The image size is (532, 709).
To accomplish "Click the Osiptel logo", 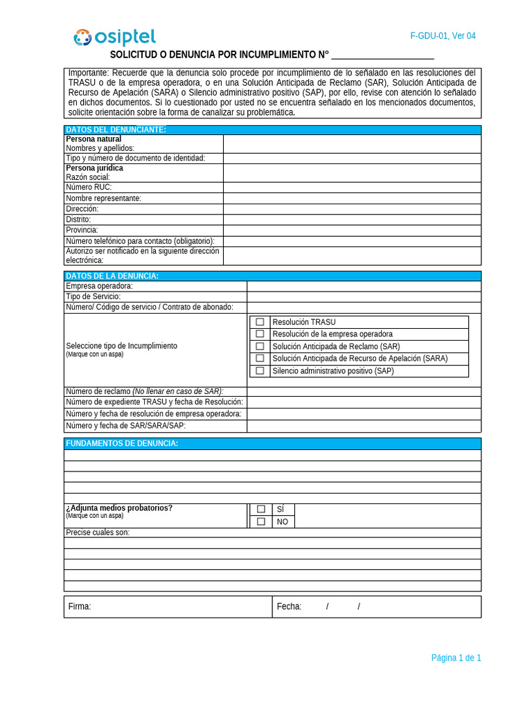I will [x=115, y=37].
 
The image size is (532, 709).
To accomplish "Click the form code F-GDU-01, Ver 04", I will [x=443, y=36].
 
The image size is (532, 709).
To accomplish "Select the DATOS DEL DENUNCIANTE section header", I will [x=116, y=129].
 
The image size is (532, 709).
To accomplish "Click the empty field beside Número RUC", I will [x=351, y=188].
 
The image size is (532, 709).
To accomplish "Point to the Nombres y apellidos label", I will [x=100, y=148].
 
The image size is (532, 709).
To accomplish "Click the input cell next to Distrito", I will [x=351, y=219].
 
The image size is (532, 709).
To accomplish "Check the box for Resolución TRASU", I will [x=260, y=322].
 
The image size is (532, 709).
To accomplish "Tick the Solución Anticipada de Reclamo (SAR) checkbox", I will [x=260, y=346].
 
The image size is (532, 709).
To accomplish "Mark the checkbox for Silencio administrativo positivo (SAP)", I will [x=260, y=370].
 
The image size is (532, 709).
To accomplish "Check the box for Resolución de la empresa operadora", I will [x=260, y=334].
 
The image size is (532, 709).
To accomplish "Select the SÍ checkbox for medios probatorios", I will [x=261, y=509].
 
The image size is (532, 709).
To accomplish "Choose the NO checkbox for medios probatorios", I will [x=261, y=521].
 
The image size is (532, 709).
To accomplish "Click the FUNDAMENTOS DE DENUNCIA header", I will [x=122, y=443].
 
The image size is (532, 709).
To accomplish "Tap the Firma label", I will [x=80, y=607].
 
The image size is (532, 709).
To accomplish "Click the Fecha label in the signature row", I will [x=289, y=607].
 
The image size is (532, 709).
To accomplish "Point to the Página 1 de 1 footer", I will [x=456, y=658].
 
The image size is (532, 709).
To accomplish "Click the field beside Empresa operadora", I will [x=363, y=286].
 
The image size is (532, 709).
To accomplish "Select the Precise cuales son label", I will [x=98, y=532].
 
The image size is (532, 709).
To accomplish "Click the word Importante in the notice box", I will [x=88, y=73].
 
